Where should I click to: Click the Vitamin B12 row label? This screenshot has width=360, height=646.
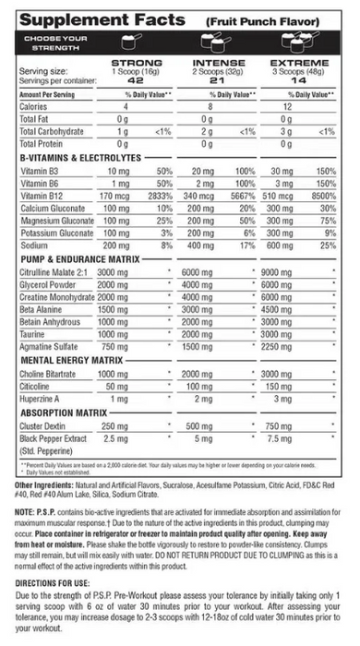[x=41, y=197]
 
